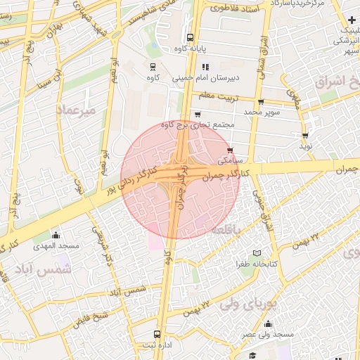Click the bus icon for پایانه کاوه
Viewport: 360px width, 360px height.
click(190, 38)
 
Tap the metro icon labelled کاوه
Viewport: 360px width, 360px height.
click(153, 66)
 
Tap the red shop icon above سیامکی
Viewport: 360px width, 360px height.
click(231, 150)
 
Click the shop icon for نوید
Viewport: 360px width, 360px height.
click(304, 136)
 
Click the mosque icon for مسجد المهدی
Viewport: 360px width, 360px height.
click(56, 236)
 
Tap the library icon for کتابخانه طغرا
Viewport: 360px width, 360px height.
click(257, 253)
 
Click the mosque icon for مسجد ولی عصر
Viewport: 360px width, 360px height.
click(268, 324)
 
